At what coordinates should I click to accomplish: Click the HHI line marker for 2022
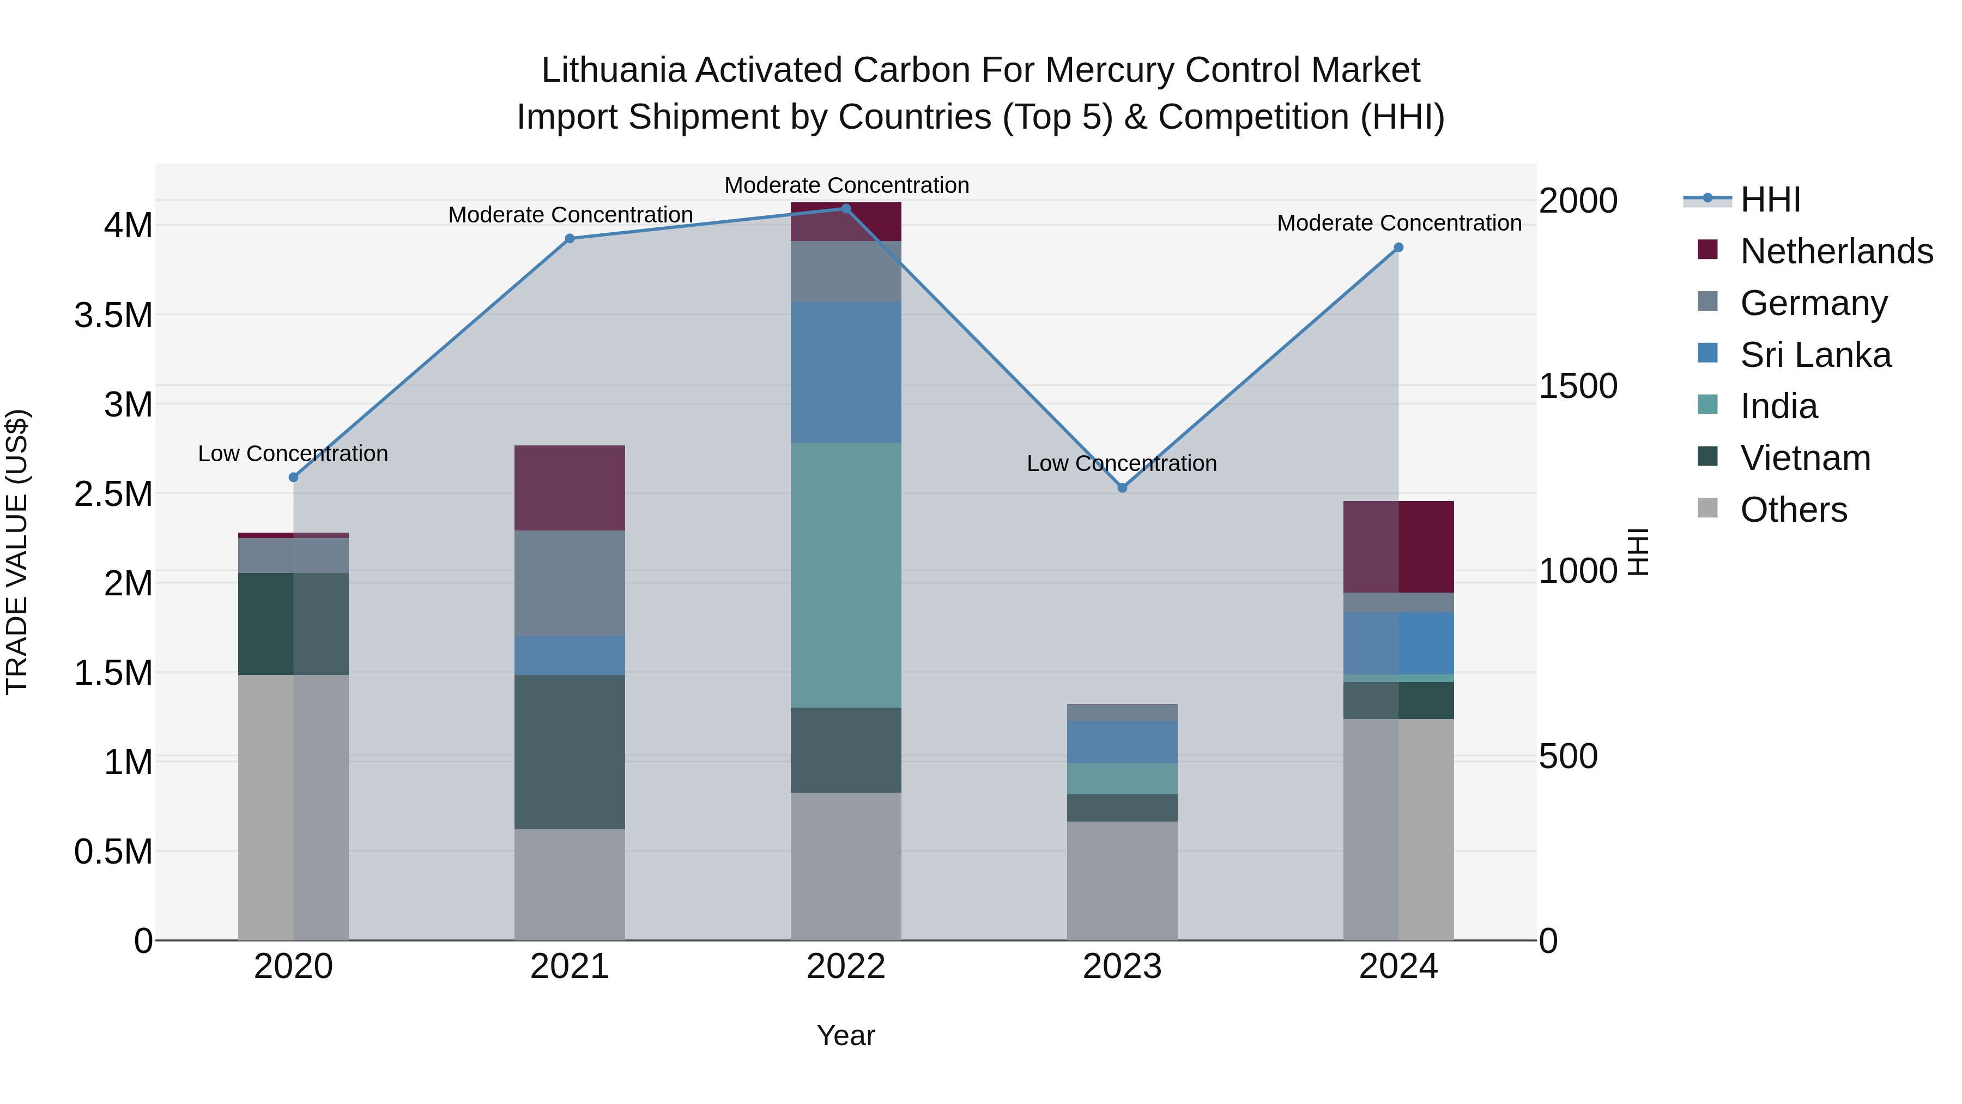tap(845, 209)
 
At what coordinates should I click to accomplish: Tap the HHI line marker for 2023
tap(1122, 487)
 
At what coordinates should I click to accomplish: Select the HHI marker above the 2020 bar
tap(293, 477)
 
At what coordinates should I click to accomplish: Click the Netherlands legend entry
tap(1836, 251)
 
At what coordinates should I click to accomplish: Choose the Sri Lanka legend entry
tap(1815, 355)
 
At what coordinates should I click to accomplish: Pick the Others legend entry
tap(1793, 510)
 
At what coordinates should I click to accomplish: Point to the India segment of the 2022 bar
tap(845, 575)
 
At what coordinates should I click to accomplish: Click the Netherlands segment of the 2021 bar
tap(570, 487)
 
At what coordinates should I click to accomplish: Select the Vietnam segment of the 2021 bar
tap(570, 751)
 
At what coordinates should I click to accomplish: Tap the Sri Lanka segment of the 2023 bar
tap(1122, 742)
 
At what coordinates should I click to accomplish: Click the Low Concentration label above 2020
tap(293, 454)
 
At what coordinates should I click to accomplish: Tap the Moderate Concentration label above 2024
tap(1399, 223)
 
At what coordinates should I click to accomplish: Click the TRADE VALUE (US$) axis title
tap(17, 552)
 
